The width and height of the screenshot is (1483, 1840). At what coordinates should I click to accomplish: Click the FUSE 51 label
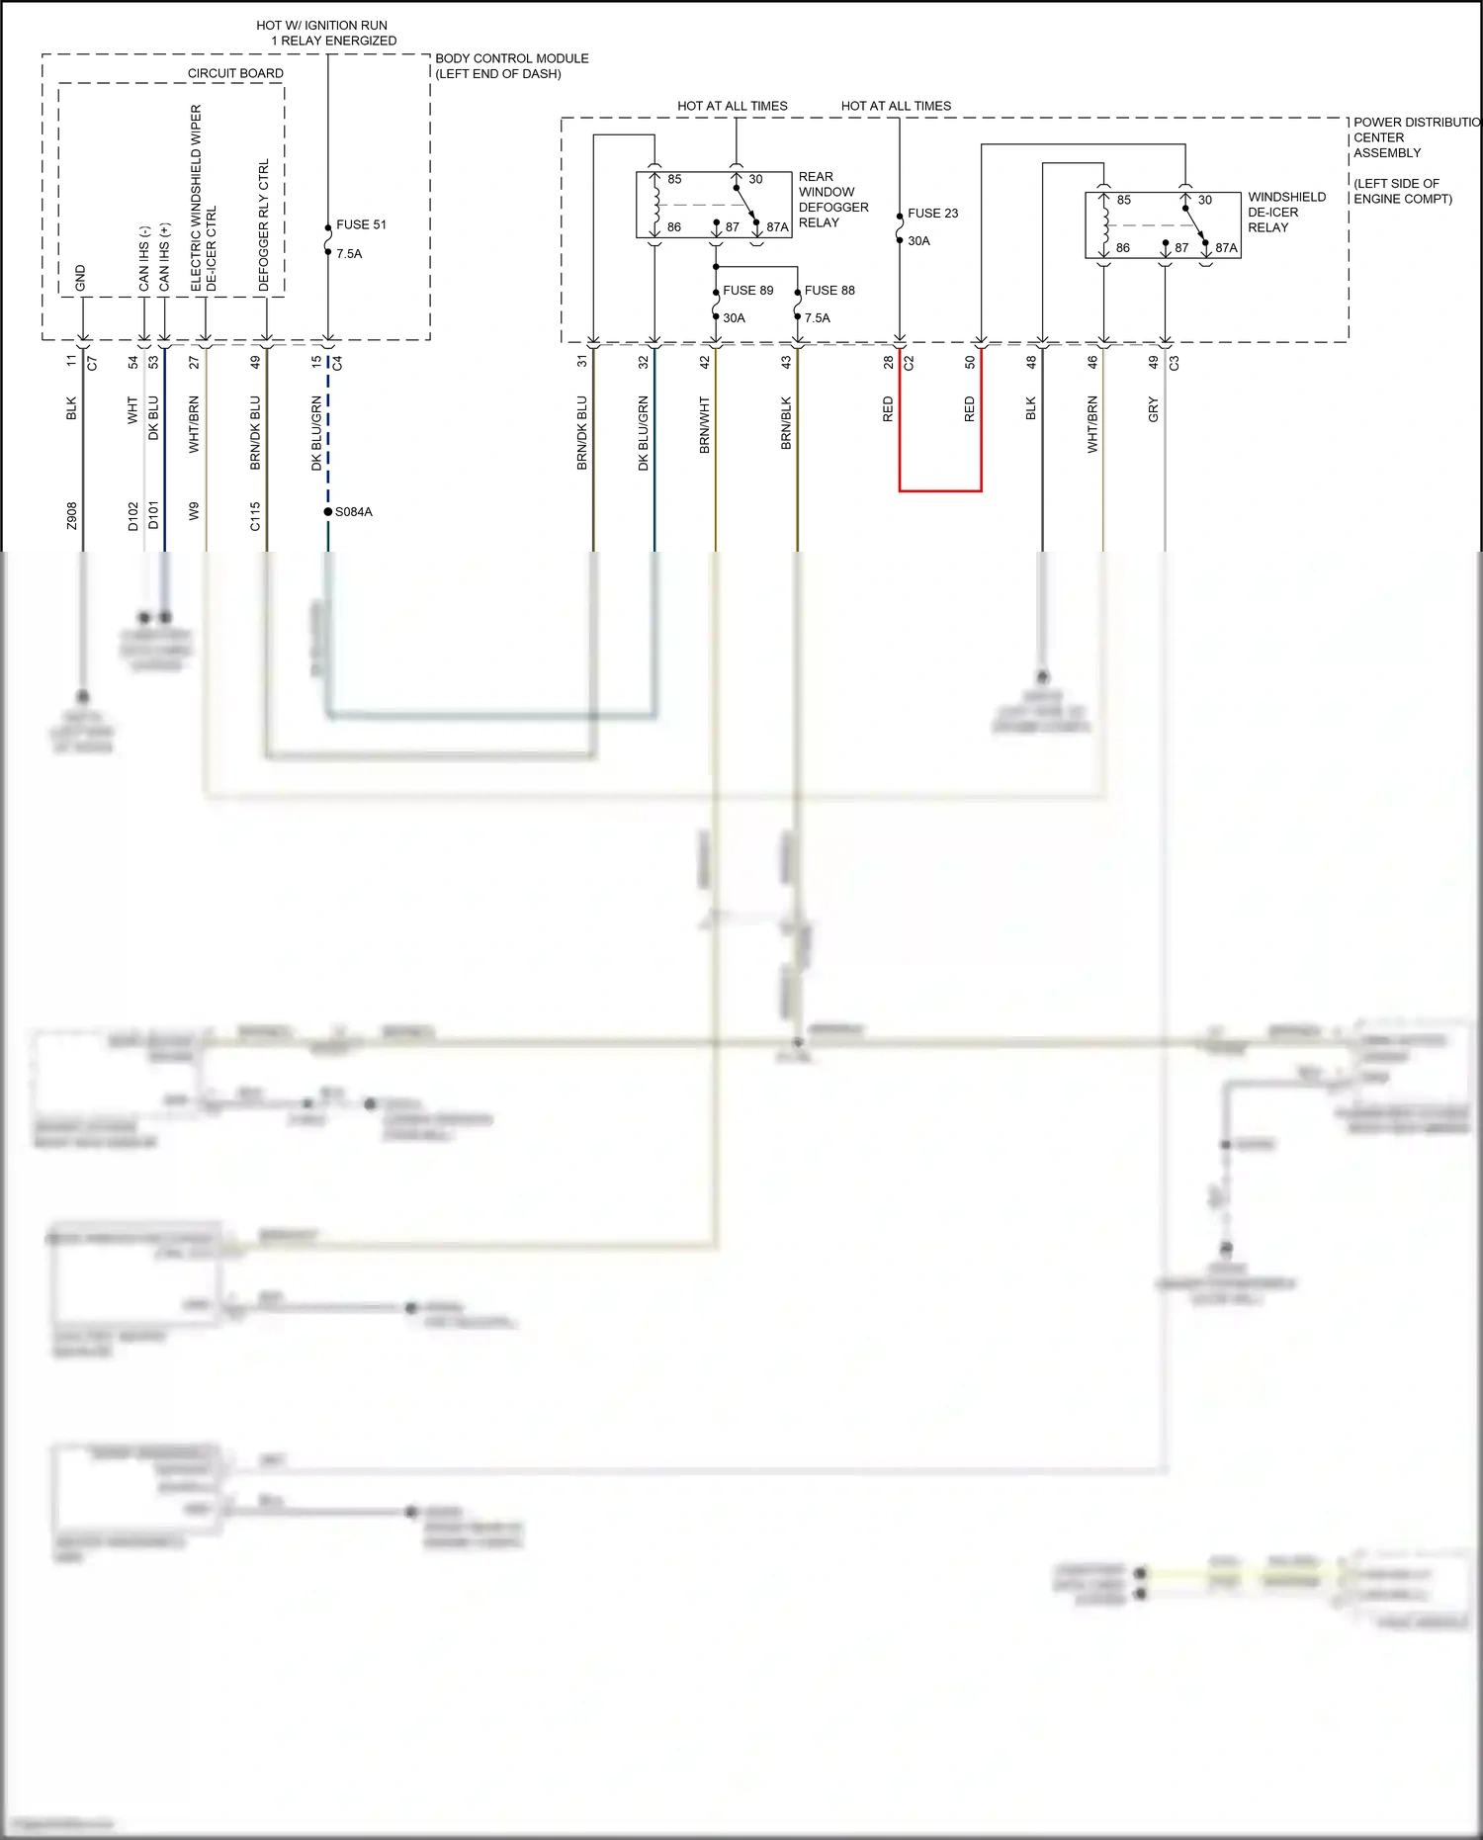[361, 224]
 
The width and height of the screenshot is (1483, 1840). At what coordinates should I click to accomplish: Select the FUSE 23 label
[932, 213]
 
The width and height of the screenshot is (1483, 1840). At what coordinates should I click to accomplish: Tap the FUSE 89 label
[747, 290]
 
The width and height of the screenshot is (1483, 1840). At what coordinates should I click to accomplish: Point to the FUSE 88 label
[829, 290]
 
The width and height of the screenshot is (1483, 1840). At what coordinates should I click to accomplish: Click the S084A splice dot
[328, 511]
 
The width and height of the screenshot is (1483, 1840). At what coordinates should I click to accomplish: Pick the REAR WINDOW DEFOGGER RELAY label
[832, 200]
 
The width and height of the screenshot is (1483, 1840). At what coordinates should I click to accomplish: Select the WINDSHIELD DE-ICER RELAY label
[1285, 213]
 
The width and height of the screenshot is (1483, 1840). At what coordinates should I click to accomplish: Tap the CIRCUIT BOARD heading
[235, 73]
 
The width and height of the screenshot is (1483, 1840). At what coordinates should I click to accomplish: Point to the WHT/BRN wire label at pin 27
[194, 425]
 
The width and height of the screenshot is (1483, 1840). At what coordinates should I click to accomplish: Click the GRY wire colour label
[1153, 410]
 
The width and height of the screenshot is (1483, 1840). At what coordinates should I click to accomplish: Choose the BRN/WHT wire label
[705, 425]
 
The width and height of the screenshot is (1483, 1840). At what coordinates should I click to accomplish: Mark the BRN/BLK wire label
[786, 423]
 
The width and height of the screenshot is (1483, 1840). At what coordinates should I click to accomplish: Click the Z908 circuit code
[71, 516]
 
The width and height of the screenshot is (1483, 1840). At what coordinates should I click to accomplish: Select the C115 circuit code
[255, 516]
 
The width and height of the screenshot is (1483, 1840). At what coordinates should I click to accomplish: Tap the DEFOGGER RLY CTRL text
[264, 225]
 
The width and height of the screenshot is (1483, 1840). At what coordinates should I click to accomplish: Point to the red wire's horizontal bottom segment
[940, 490]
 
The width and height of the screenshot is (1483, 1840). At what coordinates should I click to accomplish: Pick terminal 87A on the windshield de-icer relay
[1225, 248]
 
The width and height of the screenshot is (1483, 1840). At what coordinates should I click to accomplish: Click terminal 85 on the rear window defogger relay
[673, 179]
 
